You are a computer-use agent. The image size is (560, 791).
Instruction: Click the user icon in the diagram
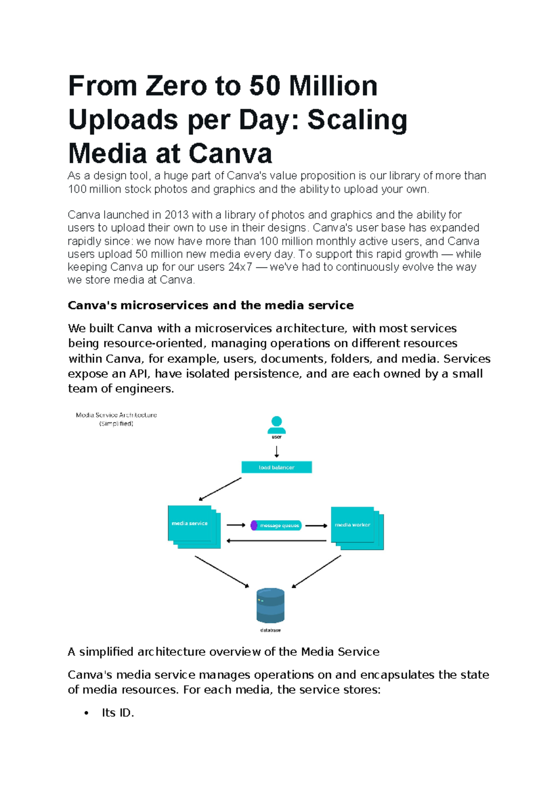tap(276, 425)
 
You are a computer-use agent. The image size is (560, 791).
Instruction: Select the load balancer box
tap(276, 467)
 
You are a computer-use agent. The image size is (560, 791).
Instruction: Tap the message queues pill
tap(276, 526)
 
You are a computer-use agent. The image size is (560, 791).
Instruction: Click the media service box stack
tap(193, 527)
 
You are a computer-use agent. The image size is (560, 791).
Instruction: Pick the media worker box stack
tap(356, 527)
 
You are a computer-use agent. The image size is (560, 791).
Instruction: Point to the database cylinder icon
tap(270, 605)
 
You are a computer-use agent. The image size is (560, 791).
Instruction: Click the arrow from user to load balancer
tap(277, 451)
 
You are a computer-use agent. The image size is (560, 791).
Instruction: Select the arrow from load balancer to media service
tap(220, 489)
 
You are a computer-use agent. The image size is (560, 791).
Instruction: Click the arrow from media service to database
tap(222, 572)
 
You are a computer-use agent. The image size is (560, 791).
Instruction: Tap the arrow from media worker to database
tap(316, 572)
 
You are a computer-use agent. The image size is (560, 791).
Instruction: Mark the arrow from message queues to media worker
tap(316, 526)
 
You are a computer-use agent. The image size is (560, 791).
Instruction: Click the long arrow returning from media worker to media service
tap(276, 541)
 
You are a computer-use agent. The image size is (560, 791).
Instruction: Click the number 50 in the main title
tap(265, 86)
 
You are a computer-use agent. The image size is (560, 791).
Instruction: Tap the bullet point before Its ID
tap(86, 713)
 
